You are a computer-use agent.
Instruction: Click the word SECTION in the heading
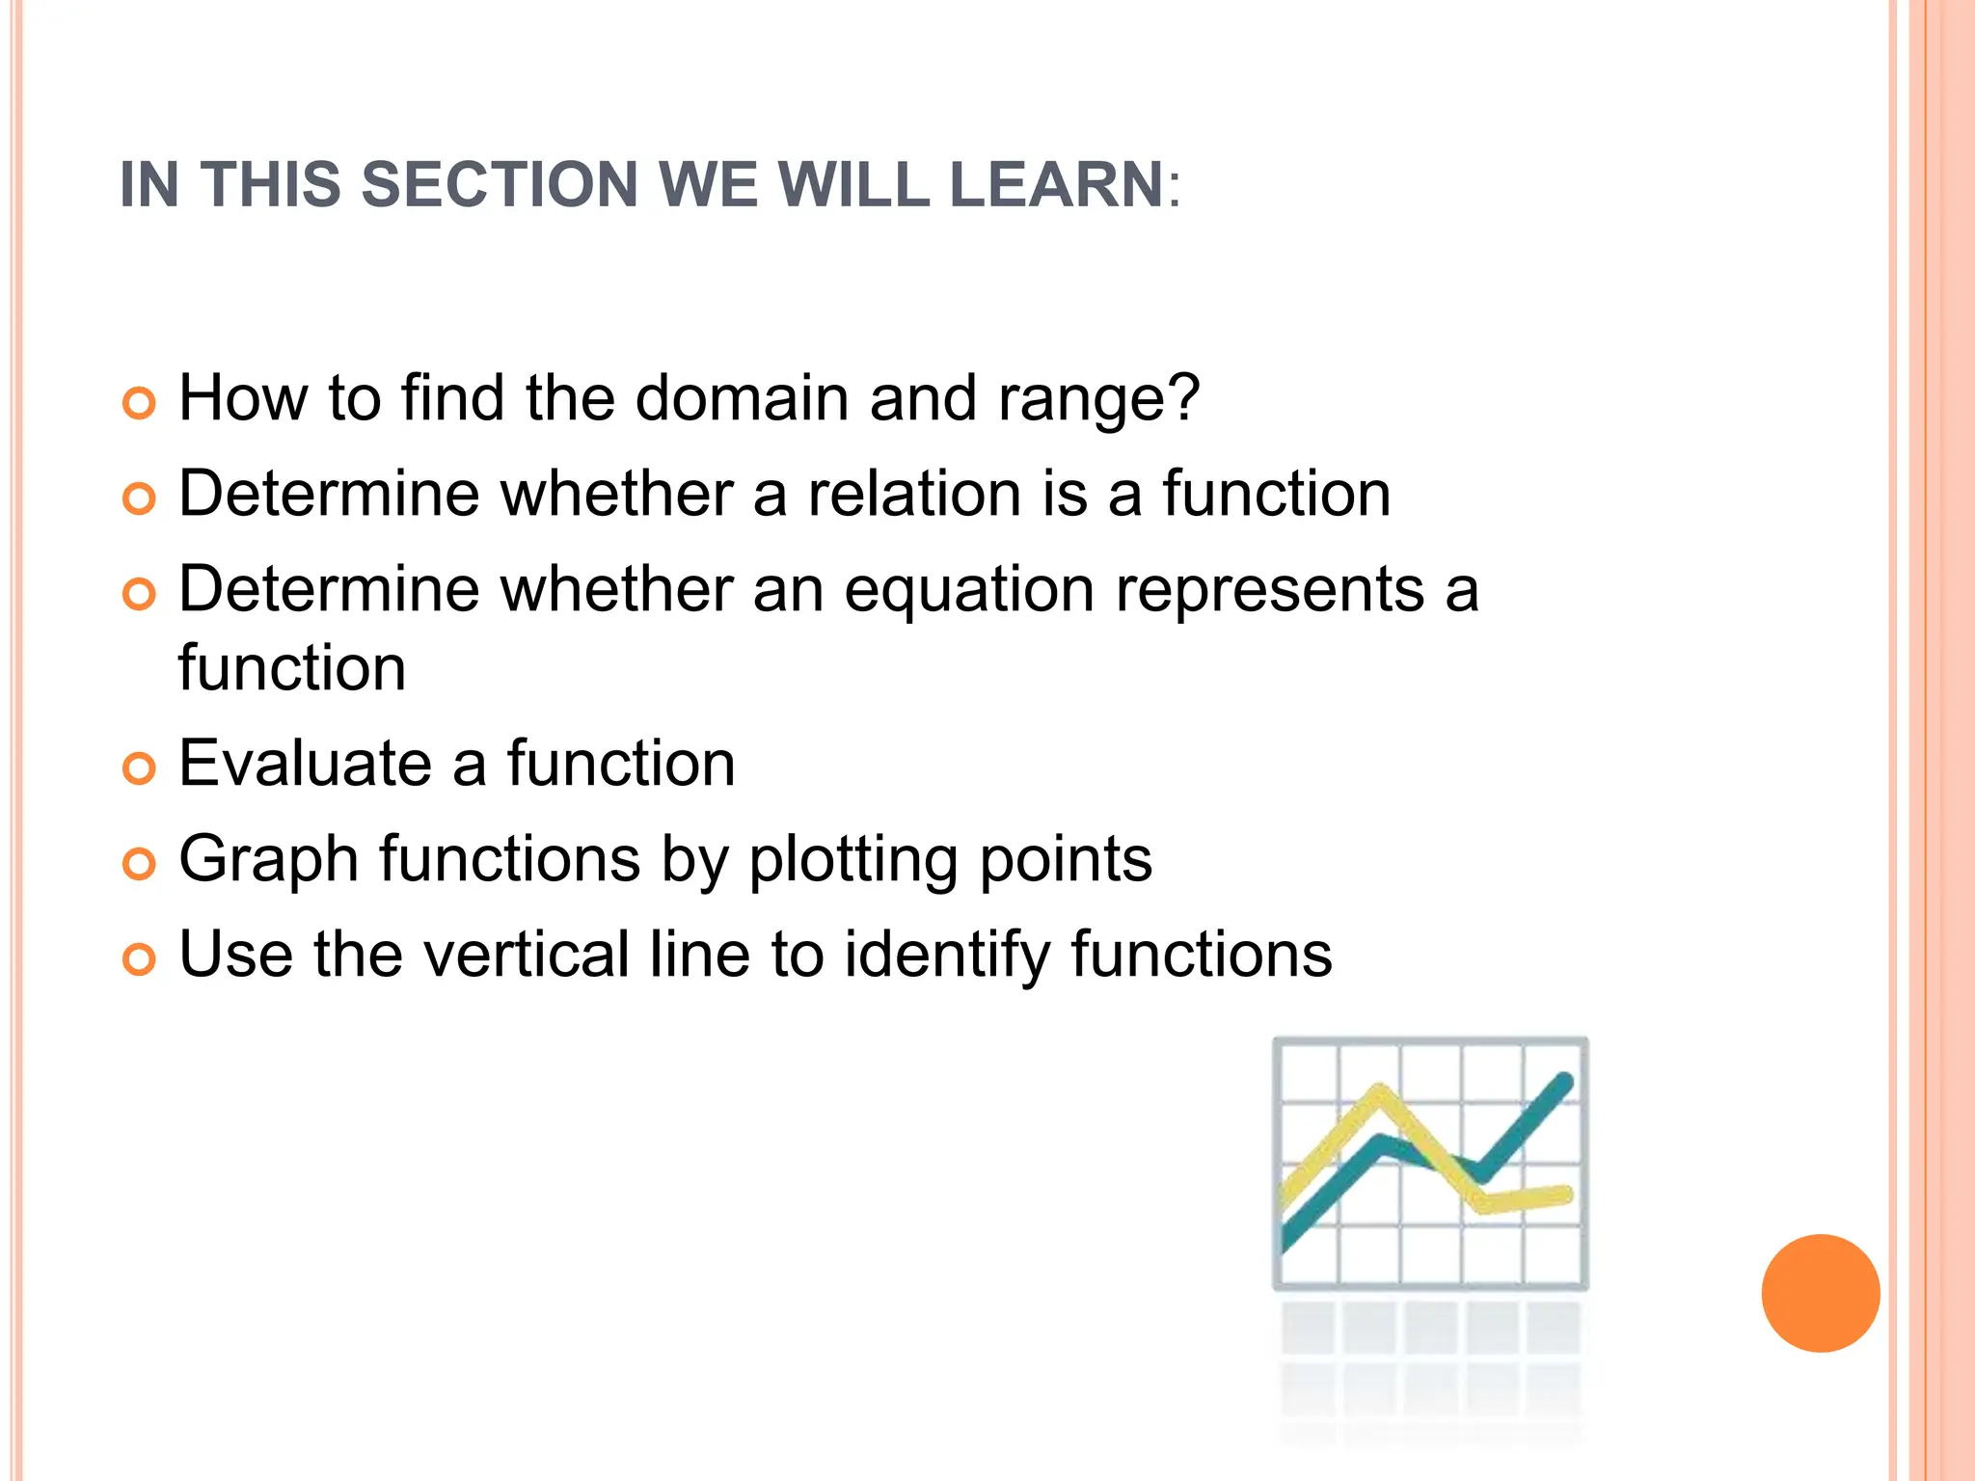click(x=499, y=184)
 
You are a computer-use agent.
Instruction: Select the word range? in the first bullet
click(x=1099, y=399)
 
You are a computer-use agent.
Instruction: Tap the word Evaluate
click(x=306, y=764)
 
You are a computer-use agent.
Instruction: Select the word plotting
click(x=852, y=860)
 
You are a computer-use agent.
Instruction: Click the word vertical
click(x=526, y=955)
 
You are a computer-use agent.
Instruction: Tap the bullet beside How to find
click(x=139, y=403)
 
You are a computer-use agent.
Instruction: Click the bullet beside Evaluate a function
click(x=139, y=768)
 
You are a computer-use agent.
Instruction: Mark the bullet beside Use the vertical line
click(x=139, y=959)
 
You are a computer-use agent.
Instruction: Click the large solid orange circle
click(x=1820, y=1293)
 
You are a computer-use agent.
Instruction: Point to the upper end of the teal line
click(x=1565, y=1081)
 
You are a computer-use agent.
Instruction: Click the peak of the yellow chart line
click(x=1381, y=1092)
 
